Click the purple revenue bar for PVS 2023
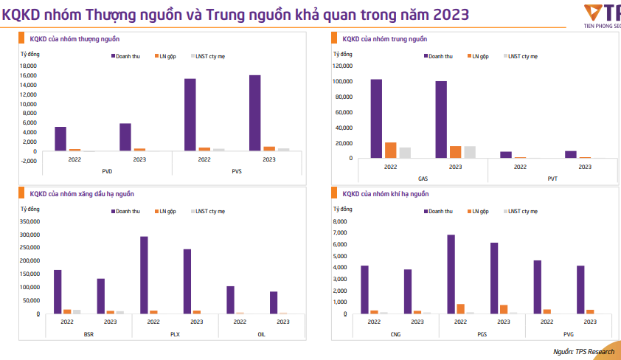point(254,114)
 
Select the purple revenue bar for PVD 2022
point(60,139)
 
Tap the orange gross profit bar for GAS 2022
point(391,150)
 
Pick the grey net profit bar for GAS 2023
point(470,152)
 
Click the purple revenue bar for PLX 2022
point(144,275)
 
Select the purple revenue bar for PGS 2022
point(451,274)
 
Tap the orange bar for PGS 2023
point(504,309)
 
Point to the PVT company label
point(552,179)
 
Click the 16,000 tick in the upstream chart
point(27,75)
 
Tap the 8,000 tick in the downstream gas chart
point(339,221)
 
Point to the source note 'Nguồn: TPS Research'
point(583,352)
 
